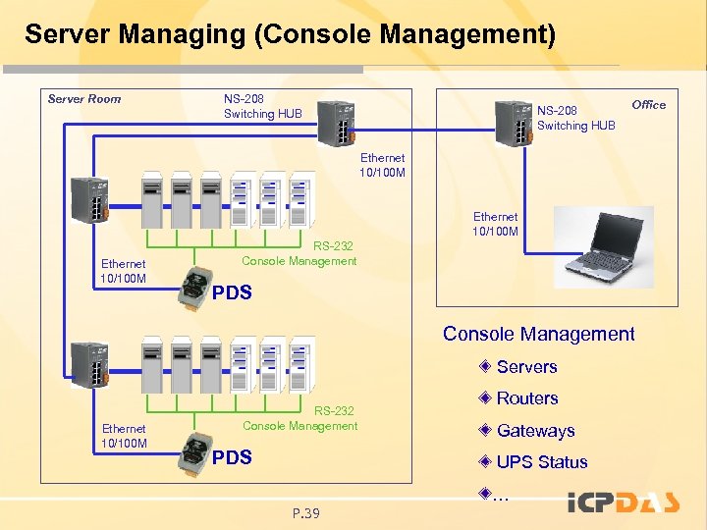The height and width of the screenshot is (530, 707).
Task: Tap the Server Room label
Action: (84, 99)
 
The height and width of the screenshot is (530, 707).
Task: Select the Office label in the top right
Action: (648, 105)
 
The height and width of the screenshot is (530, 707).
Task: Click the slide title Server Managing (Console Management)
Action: (290, 36)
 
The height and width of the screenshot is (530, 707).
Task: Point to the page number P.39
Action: (306, 512)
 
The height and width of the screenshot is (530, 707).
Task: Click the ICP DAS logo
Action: (624, 503)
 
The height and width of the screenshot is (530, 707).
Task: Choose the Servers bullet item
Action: (526, 367)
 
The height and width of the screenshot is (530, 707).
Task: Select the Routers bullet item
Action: (526, 398)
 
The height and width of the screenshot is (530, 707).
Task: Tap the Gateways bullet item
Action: (535, 431)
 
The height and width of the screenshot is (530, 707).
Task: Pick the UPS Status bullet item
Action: (541, 462)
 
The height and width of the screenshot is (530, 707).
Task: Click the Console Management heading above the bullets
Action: (538, 334)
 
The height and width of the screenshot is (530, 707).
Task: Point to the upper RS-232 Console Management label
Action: (299, 253)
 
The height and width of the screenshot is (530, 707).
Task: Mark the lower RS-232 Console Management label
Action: (299, 418)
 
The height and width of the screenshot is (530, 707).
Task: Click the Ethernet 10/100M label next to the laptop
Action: (495, 224)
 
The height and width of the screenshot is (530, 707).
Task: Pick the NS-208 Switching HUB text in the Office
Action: (575, 118)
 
